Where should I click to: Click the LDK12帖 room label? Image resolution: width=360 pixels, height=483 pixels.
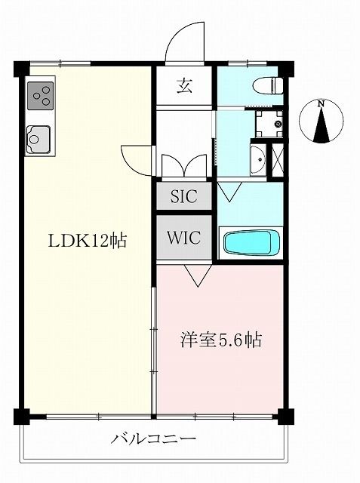tap(87, 241)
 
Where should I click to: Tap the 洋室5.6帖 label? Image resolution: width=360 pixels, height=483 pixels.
tap(221, 340)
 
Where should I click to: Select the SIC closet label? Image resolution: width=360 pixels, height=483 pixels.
tap(183, 197)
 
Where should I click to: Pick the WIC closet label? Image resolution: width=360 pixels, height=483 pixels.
tap(183, 238)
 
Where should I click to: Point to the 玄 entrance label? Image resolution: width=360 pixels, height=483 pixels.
tap(185, 85)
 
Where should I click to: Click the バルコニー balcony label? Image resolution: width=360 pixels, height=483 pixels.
tap(154, 438)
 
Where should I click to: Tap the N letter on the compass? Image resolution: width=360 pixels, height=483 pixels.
tap(322, 104)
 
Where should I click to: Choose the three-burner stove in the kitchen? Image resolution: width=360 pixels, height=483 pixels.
tap(41, 97)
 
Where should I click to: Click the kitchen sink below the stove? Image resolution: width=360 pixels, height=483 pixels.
tap(38, 140)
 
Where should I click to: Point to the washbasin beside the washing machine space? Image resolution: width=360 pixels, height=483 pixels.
tap(258, 160)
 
